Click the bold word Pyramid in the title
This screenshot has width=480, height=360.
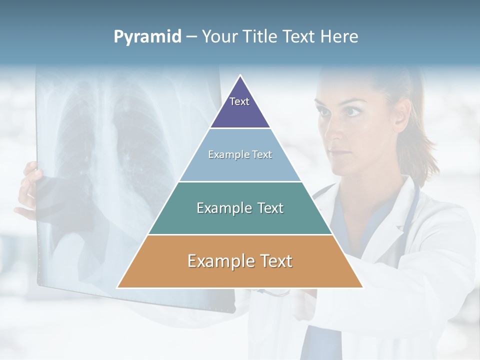(x=147, y=37)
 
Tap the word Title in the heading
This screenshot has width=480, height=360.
(x=261, y=37)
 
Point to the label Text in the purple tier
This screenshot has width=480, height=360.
(x=239, y=101)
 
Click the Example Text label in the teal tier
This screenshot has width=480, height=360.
(x=240, y=208)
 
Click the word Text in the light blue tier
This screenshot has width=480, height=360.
(x=261, y=154)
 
